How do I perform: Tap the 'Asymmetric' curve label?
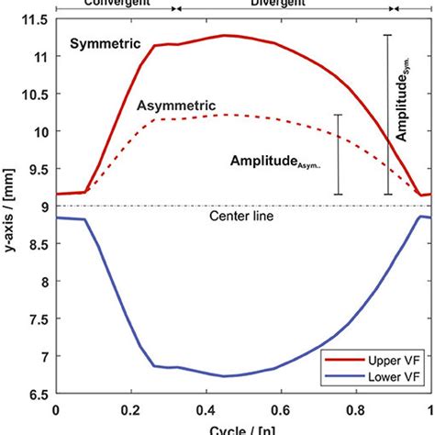pyautogui.click(x=176, y=105)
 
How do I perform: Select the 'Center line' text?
pyautogui.click(x=241, y=217)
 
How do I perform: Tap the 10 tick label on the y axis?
pyautogui.click(x=41, y=131)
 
